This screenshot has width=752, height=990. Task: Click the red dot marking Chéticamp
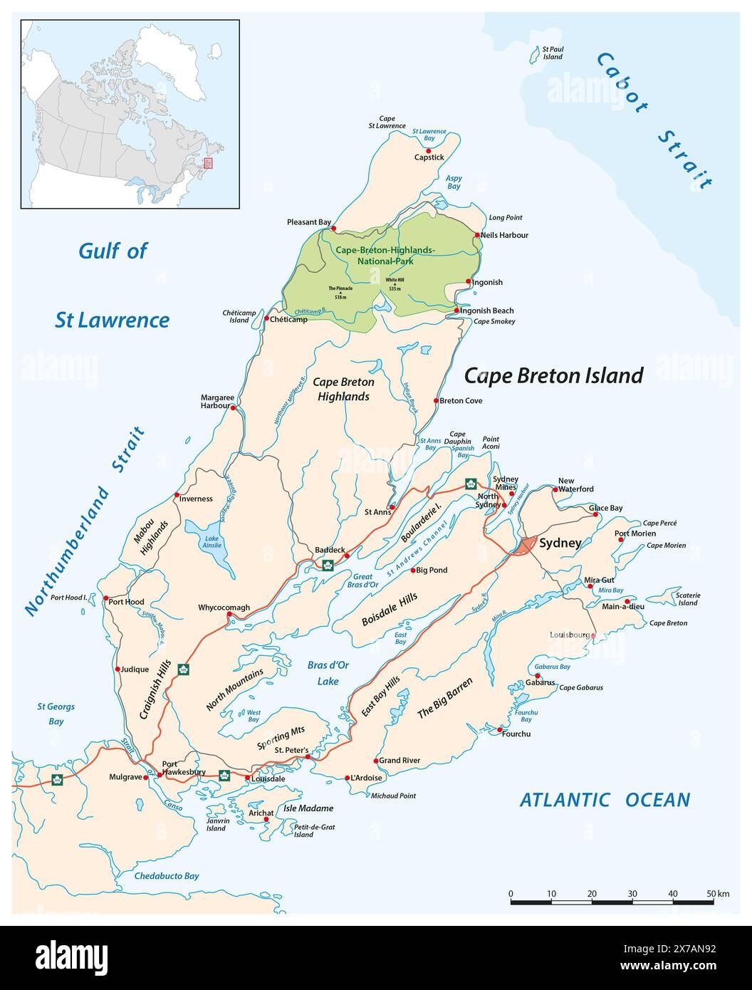pyautogui.click(x=267, y=319)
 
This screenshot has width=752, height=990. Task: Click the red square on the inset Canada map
pyautogui.click(x=208, y=163)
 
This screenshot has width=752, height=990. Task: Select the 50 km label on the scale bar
pyautogui.click(x=718, y=893)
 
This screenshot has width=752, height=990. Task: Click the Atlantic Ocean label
pyautogui.click(x=605, y=800)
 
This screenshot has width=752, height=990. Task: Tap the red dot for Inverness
pyautogui.click(x=177, y=495)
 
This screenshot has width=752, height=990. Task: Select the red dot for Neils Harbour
pyautogui.click(x=477, y=235)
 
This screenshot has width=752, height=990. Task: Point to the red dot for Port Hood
pyautogui.click(x=105, y=598)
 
